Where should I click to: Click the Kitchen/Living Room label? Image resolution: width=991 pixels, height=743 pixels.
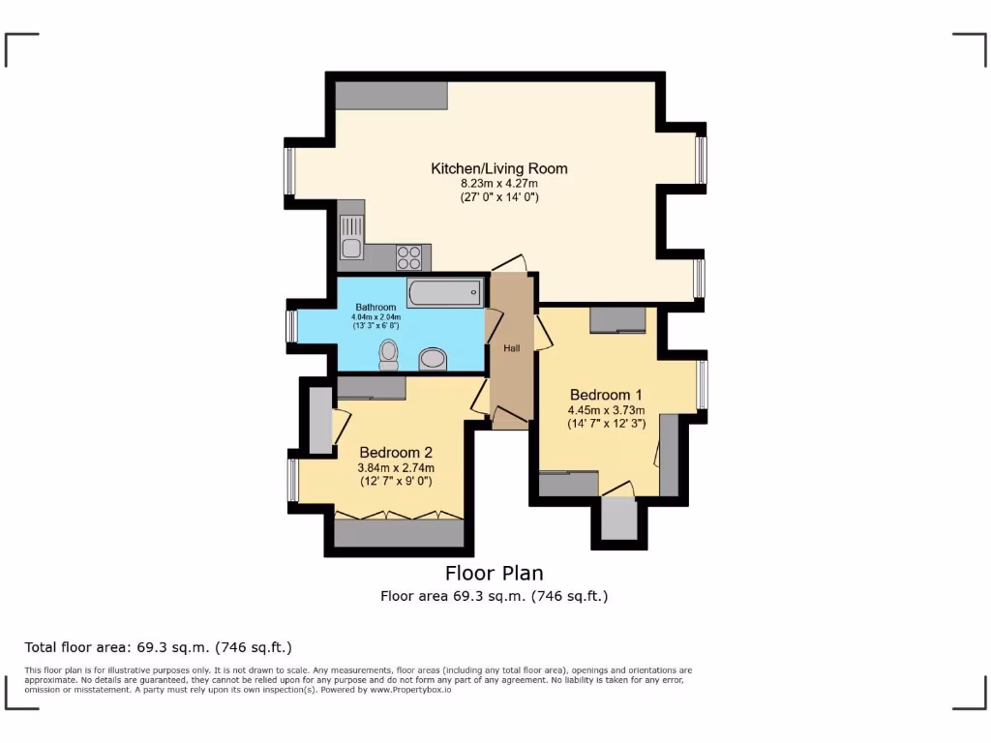pyautogui.click(x=498, y=168)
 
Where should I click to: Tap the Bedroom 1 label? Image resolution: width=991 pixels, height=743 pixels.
pyautogui.click(x=606, y=395)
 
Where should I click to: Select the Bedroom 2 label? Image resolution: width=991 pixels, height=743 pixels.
pyautogui.click(x=396, y=452)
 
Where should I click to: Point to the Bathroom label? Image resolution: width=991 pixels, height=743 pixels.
pyautogui.click(x=375, y=308)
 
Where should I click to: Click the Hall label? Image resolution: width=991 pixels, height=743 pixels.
pyautogui.click(x=511, y=347)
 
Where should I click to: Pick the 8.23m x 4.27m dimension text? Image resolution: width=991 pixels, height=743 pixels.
pyautogui.click(x=498, y=183)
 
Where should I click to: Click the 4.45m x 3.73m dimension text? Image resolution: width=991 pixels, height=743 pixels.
pyautogui.click(x=606, y=409)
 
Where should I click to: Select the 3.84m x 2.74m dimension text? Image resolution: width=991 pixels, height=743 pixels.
pyautogui.click(x=396, y=467)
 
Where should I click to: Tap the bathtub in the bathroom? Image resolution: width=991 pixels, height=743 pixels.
pyautogui.click(x=444, y=291)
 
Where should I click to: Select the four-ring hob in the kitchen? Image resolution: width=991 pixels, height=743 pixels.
pyautogui.click(x=408, y=257)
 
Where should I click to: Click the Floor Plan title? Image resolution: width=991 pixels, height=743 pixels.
pyautogui.click(x=495, y=573)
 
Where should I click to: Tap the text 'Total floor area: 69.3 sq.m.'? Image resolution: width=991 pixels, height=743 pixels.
pyautogui.click(x=158, y=647)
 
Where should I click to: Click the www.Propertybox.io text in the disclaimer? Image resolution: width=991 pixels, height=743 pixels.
pyautogui.click(x=409, y=690)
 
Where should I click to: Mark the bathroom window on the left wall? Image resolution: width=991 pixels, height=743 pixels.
pyautogui.click(x=290, y=326)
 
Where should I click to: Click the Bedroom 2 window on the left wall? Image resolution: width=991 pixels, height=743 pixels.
pyautogui.click(x=292, y=480)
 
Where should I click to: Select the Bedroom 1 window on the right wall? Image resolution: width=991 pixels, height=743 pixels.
pyautogui.click(x=703, y=385)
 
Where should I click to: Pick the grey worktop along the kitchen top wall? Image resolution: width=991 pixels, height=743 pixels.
pyautogui.click(x=391, y=95)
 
